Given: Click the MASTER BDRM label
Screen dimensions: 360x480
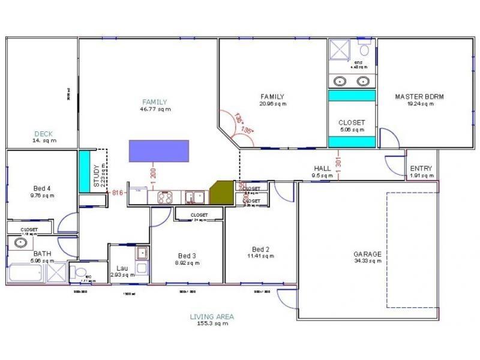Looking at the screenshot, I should [419, 97].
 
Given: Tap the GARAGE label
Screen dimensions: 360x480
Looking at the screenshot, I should [367, 254].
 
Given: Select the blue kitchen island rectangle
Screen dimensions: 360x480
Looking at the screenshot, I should [159, 151].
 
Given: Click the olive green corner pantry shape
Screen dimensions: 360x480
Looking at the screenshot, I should [221, 193].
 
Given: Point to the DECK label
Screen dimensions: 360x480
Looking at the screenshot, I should [44, 134].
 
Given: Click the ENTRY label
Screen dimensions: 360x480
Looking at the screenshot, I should [421, 169].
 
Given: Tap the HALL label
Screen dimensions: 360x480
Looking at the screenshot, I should [322, 169].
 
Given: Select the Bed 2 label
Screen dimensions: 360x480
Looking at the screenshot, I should [260, 249].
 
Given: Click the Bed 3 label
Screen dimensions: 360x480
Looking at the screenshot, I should [187, 256].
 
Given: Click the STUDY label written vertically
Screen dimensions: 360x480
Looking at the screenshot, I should [97, 176].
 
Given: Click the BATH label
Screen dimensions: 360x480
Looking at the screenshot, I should [42, 254].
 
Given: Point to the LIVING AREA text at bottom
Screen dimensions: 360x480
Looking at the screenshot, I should [212, 316].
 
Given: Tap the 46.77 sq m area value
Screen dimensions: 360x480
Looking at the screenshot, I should [155, 109].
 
